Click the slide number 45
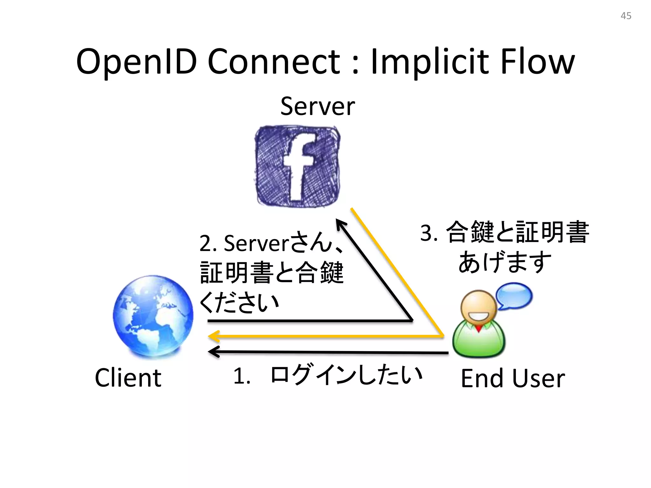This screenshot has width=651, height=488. pos(626,16)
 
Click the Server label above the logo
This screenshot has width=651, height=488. pos(317,106)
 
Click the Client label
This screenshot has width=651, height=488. pos(128,378)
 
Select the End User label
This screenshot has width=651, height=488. pos(513,378)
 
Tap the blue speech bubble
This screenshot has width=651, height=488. pos(514,296)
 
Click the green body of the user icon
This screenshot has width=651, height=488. pos(479,342)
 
